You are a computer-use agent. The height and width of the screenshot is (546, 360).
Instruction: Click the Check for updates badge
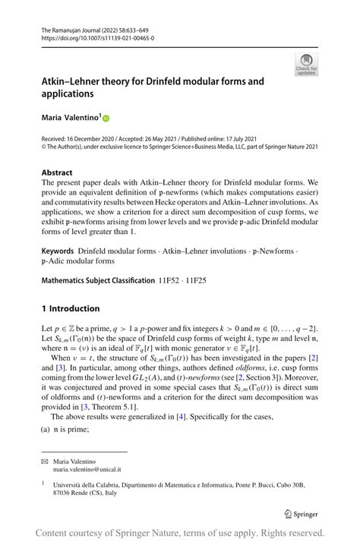tap(306, 64)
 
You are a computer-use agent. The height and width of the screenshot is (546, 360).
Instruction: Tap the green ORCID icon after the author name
tap(106, 118)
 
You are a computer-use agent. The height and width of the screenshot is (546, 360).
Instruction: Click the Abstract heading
tap(58, 172)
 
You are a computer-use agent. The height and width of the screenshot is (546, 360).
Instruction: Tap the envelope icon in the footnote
tap(45, 460)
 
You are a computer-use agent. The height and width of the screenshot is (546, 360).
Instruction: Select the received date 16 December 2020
tap(97, 140)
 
